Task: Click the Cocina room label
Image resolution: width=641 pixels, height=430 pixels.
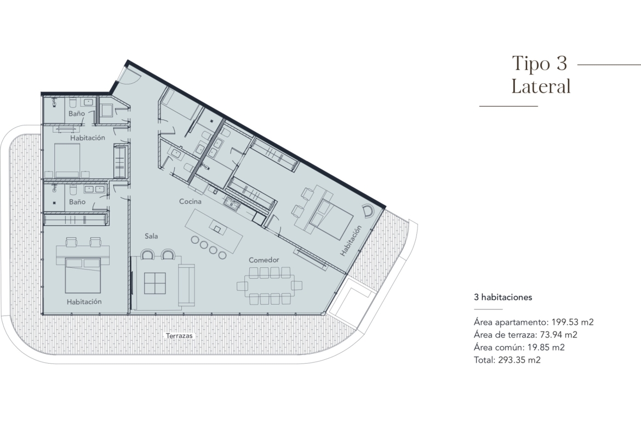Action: click(x=190, y=202)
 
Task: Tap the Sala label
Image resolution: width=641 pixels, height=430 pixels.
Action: click(x=151, y=236)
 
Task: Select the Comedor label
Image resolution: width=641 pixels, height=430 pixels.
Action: click(x=264, y=260)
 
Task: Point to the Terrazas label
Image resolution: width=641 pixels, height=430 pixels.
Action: click(x=179, y=336)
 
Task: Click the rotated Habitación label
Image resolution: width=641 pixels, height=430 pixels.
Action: click(x=351, y=241)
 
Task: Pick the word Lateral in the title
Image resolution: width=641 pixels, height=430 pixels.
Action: click(x=541, y=86)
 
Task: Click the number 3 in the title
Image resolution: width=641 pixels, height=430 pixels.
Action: click(x=561, y=64)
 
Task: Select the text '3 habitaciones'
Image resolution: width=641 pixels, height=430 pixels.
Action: click(x=503, y=297)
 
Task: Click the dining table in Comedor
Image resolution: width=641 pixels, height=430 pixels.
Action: click(x=270, y=285)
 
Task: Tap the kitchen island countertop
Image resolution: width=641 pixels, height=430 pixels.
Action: click(x=214, y=232)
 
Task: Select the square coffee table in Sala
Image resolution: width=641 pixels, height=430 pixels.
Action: click(x=155, y=283)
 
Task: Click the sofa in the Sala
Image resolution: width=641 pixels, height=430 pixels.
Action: click(x=186, y=285)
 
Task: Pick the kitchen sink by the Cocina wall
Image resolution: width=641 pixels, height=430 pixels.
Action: click(x=232, y=204)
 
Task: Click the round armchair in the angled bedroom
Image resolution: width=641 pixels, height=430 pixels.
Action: click(x=368, y=211)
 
